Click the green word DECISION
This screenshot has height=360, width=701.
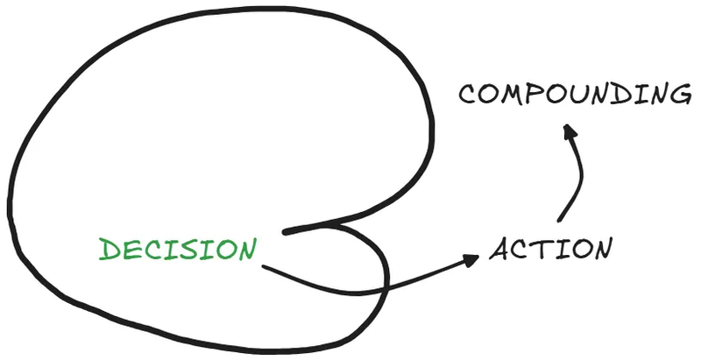[179, 250]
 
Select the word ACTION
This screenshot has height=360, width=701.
[549, 250]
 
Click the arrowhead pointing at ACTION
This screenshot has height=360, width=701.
[472, 258]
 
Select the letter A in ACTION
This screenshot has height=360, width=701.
[500, 251]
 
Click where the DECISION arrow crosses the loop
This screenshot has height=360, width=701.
[386, 286]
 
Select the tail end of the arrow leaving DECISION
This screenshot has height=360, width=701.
[264, 265]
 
